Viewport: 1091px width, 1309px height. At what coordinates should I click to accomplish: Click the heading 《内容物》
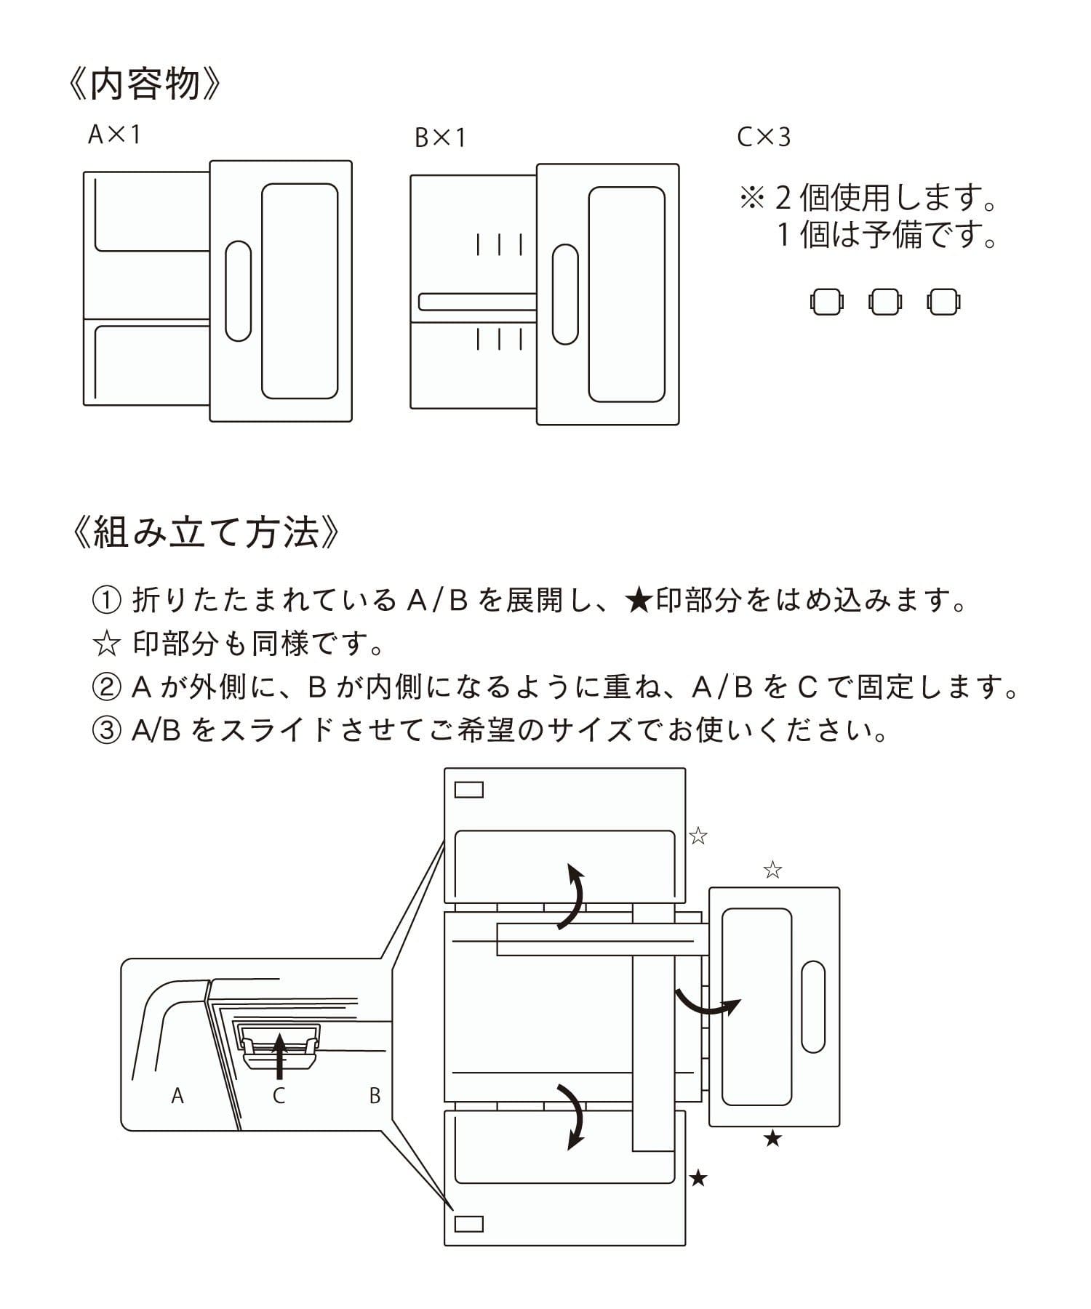click(143, 84)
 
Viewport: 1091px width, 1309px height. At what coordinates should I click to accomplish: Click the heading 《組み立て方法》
click(206, 532)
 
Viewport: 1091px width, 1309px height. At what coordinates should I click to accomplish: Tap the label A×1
click(113, 135)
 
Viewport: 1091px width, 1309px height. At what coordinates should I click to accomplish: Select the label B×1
click(439, 137)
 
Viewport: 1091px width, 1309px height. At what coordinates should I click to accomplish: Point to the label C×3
click(763, 137)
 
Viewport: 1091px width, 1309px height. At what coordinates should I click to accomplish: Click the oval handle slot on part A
click(238, 291)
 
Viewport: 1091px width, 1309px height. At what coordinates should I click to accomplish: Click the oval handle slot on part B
click(565, 294)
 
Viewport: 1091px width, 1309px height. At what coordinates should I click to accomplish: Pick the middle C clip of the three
click(884, 302)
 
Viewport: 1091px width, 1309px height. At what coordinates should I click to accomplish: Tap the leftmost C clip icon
click(827, 302)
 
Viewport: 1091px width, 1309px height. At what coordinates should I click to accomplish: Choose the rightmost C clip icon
click(943, 302)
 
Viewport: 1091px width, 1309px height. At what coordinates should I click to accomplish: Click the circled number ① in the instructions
click(106, 601)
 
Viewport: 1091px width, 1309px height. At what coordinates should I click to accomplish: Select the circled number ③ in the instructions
click(106, 730)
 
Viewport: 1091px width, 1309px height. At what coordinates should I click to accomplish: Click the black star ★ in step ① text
click(638, 601)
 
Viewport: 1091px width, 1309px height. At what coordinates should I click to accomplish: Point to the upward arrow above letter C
click(279, 1055)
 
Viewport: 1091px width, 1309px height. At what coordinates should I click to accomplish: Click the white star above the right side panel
click(772, 870)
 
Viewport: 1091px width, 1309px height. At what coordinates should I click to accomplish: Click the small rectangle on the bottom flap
click(468, 1223)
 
